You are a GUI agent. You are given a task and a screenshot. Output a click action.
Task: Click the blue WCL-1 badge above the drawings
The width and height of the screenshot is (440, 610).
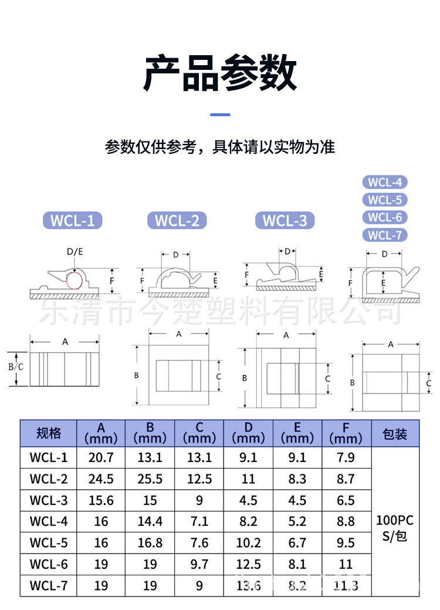pos(73,221)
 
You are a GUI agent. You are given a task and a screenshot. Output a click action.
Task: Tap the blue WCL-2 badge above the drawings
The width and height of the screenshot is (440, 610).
pos(177,221)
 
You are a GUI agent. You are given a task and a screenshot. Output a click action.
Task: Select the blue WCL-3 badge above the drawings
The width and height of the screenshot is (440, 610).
pos(285,221)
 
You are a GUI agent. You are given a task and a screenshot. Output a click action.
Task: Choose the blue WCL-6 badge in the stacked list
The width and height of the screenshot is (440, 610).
pos(385,217)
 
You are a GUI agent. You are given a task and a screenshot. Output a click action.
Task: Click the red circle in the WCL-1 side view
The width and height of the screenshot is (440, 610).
pos(74,280)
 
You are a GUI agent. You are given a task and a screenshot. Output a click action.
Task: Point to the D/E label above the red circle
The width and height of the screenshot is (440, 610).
pos(75,252)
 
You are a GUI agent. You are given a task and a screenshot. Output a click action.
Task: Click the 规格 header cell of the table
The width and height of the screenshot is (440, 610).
pos(48,434)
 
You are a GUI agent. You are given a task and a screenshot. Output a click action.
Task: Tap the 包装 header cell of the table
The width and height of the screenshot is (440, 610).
pos(395,434)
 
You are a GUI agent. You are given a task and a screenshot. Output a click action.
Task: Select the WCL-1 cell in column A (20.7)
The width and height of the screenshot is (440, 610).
pos(101,457)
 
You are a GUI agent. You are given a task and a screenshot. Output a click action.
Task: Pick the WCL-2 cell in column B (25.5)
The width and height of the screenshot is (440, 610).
pos(150,479)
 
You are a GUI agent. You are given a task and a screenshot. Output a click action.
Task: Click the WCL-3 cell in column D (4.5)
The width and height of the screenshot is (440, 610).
pos(248,500)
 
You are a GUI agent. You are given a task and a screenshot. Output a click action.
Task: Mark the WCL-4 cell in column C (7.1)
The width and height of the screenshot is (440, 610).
pos(199,521)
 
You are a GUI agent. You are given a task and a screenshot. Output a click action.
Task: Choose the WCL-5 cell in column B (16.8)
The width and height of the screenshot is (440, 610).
pos(150,543)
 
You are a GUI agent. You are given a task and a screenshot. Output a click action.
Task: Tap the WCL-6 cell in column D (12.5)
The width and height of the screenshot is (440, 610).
pos(248,564)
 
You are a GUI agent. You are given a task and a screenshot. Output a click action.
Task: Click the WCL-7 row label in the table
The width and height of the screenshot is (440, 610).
pos(49,586)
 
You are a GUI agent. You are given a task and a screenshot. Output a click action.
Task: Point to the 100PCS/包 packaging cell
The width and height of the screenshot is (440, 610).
pos(395,527)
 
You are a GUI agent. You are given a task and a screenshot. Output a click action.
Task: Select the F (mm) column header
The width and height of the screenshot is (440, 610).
pos(346,434)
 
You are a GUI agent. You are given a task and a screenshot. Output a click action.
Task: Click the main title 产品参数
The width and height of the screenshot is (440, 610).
pos(220,73)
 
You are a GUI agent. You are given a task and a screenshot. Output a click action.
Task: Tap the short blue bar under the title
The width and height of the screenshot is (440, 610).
pos(220,114)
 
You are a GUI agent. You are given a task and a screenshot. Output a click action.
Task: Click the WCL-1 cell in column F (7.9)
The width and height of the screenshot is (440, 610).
pos(346,457)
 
